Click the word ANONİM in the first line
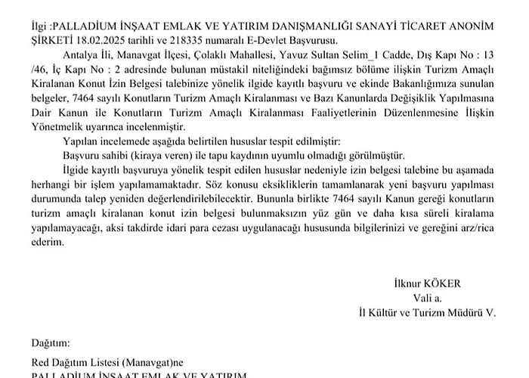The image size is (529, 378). [x=470, y=25]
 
